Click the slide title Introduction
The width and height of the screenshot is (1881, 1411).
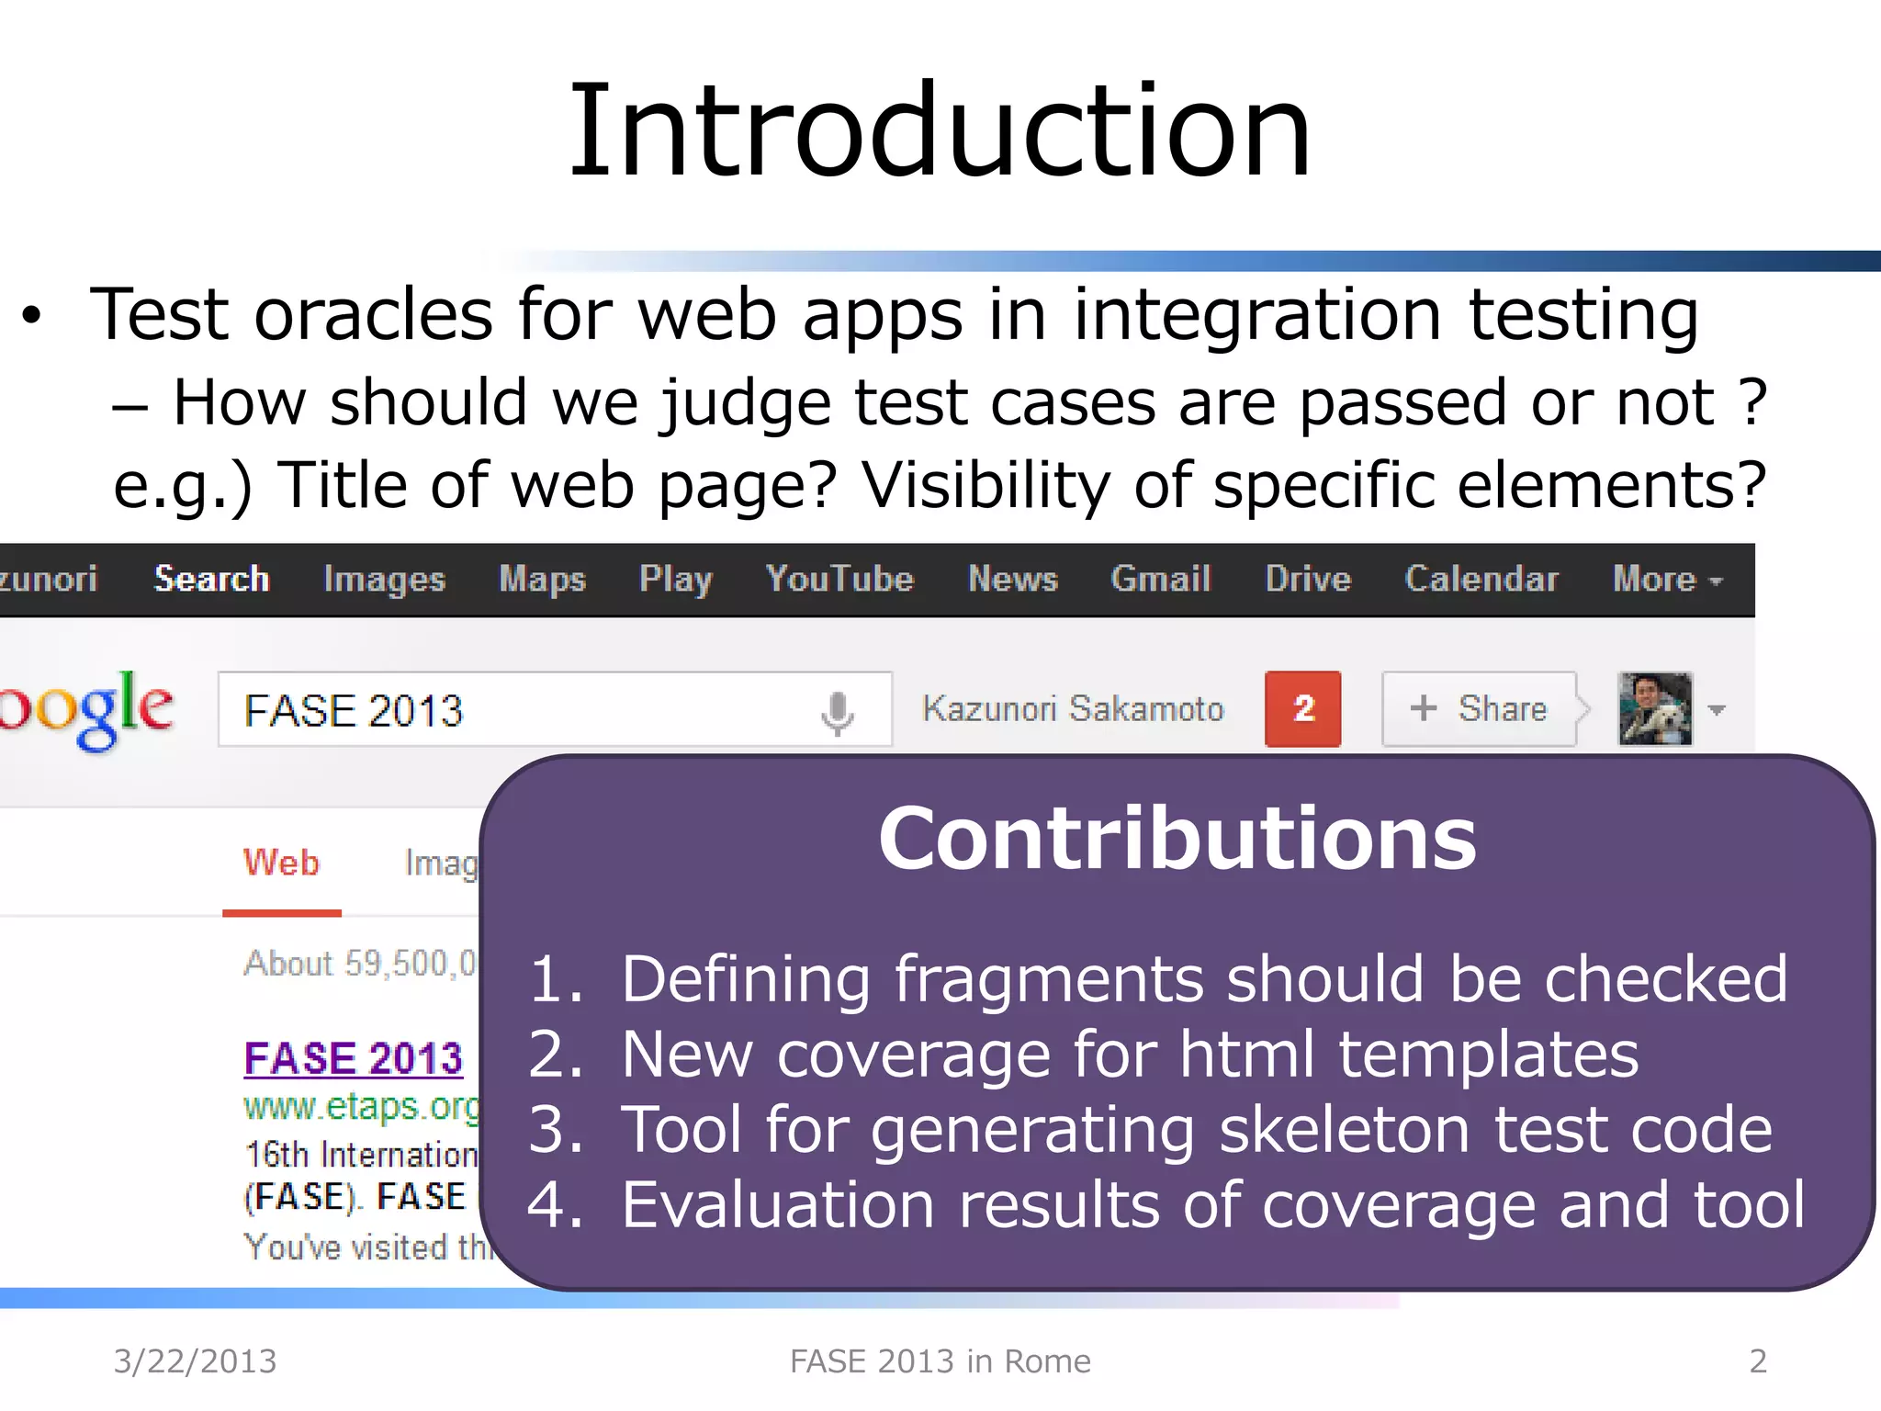[x=940, y=130]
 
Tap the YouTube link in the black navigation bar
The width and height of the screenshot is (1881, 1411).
[x=839, y=579]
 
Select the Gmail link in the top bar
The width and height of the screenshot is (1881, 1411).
[x=1160, y=579]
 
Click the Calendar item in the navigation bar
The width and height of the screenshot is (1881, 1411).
[x=1481, y=579]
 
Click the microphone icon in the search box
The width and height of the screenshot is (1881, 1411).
[x=837, y=712]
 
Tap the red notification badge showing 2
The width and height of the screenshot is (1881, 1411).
[x=1302, y=708]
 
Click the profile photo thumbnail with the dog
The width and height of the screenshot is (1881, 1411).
[x=1654, y=708]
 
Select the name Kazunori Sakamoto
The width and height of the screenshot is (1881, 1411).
[x=1073, y=708]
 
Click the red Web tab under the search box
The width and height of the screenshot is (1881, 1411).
[x=281, y=864]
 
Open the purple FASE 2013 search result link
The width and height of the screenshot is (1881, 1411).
[x=354, y=1058]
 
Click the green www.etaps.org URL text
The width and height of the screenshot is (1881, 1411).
[x=361, y=1106]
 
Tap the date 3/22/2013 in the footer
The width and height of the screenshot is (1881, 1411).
[x=195, y=1360]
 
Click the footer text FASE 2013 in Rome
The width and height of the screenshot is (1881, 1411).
[x=940, y=1360]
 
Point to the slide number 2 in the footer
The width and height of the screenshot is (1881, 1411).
[x=1758, y=1360]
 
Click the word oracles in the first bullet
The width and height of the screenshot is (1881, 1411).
[x=373, y=315]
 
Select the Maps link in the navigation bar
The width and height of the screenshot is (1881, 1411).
[x=542, y=579]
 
